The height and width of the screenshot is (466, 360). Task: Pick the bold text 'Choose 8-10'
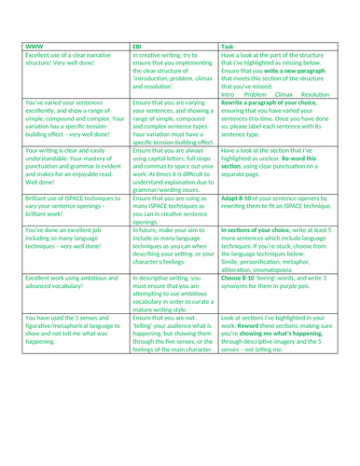click(x=243, y=281)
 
